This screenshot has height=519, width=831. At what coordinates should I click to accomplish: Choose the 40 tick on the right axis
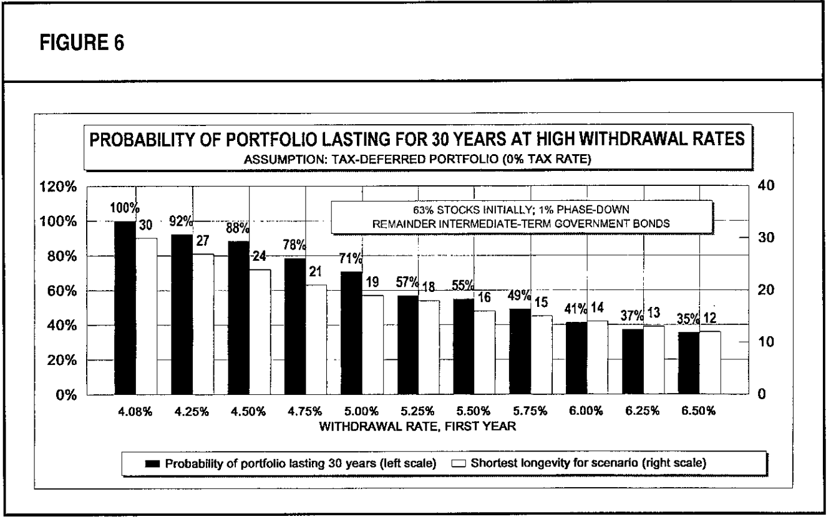pos(766,186)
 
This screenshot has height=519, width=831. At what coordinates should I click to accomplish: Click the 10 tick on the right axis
pos(766,342)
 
